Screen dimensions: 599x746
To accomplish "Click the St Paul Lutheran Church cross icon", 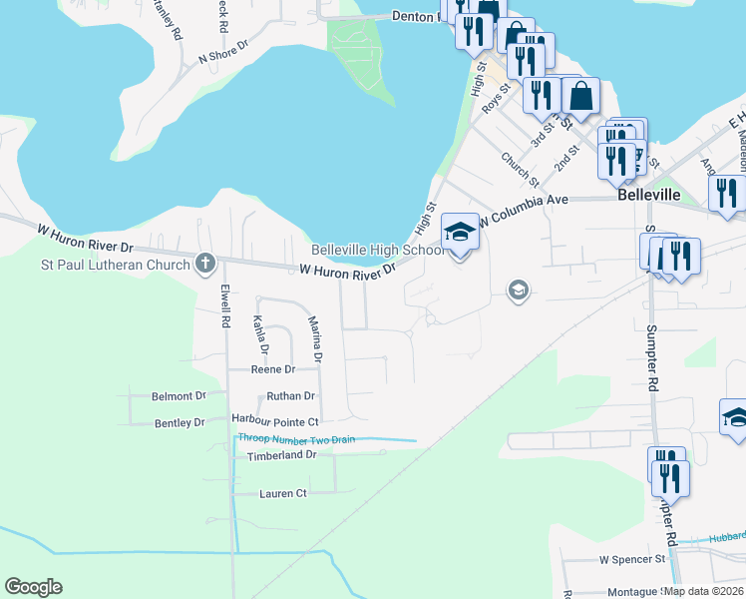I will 205,264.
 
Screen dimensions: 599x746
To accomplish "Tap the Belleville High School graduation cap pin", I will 460,233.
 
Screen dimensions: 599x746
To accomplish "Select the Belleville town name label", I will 648,196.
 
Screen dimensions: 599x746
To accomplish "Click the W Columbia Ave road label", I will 523,209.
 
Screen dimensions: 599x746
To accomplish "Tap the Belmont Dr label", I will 178,396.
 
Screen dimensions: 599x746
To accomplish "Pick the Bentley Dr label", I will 180,423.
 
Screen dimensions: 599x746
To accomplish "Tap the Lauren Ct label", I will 283,493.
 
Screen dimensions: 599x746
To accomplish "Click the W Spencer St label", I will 631,560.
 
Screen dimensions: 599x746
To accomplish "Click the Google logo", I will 33,587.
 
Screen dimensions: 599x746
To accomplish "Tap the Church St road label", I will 520,169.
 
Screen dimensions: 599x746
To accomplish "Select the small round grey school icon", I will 518,291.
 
